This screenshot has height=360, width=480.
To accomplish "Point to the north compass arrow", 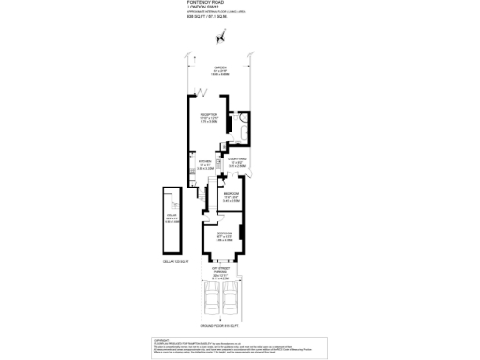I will coord(222,37).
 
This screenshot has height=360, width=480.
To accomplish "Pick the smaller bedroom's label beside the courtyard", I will coord(232,197).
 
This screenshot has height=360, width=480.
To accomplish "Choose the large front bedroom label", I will coord(225,236).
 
